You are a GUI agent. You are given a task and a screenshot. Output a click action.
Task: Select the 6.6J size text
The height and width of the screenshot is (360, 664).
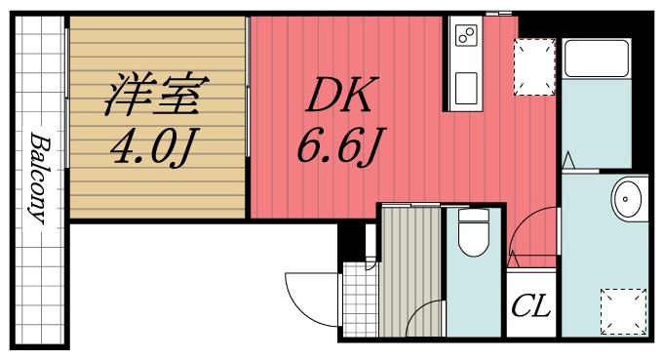coord(336,148)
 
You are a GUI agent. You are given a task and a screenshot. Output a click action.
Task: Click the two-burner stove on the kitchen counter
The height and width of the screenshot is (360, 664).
coord(465,38)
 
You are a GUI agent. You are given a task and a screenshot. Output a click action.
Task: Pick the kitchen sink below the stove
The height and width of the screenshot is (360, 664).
coord(465,86)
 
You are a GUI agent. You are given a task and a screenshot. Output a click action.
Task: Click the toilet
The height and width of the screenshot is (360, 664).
coord(474,234)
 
